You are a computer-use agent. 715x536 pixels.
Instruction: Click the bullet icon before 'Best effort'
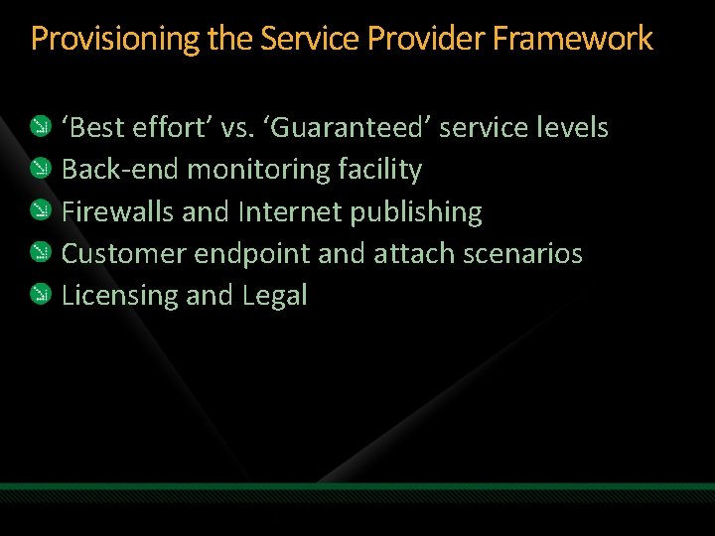[x=39, y=127]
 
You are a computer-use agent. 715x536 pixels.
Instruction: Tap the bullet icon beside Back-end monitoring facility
[x=39, y=169]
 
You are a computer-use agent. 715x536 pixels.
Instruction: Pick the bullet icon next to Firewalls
[x=39, y=211]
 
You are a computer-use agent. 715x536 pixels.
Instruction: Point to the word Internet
[x=286, y=211]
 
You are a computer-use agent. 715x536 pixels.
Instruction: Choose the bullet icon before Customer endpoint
[x=39, y=253]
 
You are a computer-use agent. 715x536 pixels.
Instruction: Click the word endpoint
[x=251, y=254]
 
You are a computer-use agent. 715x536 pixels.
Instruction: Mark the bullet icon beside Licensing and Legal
[x=39, y=295]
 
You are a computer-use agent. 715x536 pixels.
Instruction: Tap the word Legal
[x=275, y=296]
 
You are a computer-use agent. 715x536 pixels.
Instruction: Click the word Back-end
[x=120, y=170]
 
